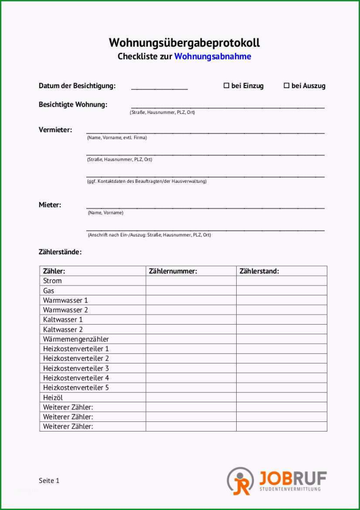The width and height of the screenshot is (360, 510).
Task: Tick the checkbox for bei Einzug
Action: tap(226, 85)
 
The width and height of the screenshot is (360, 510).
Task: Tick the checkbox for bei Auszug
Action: tap(287, 85)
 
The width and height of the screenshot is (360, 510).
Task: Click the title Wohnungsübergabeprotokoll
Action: tap(184, 43)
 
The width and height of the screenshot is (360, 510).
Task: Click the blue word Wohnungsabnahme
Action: tap(213, 56)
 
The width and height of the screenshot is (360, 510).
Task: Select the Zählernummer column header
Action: tap(173, 271)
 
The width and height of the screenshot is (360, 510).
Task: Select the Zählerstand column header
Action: tap(259, 271)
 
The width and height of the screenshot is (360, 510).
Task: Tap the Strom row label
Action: tap(52, 280)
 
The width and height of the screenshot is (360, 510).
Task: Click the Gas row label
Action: tap(49, 291)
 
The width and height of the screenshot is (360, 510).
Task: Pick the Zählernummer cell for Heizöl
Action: tap(191, 397)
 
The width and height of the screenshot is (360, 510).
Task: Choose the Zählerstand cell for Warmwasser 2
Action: tap(282, 310)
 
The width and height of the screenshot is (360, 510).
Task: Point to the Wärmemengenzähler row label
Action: tap(76, 339)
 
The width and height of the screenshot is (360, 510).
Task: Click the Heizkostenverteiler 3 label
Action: tap(76, 368)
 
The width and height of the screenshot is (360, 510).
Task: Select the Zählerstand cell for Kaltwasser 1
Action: tap(282, 319)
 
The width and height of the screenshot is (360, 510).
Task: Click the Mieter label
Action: tap(50, 205)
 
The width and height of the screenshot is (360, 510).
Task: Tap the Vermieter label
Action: tap(55, 130)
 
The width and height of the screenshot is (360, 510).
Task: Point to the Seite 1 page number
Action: tap(49, 481)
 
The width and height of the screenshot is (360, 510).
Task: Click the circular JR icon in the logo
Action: tap(240, 481)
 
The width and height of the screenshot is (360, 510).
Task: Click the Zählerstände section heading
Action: tap(60, 252)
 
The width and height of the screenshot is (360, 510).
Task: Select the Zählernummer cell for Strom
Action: tap(191, 280)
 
